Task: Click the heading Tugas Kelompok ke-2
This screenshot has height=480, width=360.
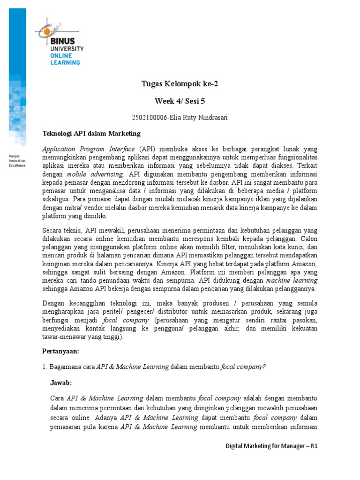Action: [x=180, y=84]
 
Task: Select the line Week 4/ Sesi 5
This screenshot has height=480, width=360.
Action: [x=180, y=101]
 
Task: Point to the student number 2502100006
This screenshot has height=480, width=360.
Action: [x=150, y=118]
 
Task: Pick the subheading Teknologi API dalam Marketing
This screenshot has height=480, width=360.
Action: [x=91, y=134]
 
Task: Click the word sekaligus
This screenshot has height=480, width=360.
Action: [x=55, y=199]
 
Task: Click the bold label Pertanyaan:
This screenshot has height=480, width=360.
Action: [x=60, y=351]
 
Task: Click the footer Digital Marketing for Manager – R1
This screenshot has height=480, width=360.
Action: [x=271, y=447]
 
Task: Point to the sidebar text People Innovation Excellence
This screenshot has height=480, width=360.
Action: [x=17, y=160]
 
